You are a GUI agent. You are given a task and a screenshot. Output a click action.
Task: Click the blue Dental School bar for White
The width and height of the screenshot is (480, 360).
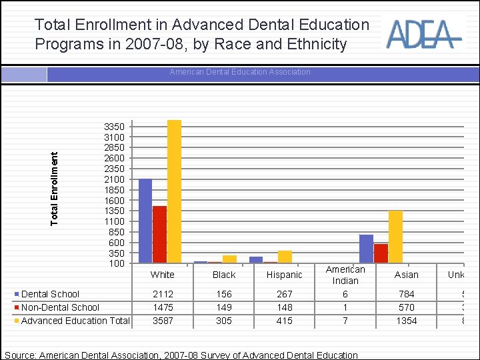[x=145, y=221]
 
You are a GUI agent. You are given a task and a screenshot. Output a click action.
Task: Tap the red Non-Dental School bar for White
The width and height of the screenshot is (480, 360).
[x=159, y=234]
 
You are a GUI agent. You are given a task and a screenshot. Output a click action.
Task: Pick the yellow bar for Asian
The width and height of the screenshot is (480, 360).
[x=395, y=237]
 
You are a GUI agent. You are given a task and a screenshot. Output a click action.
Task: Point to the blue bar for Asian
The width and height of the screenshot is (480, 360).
[x=366, y=249]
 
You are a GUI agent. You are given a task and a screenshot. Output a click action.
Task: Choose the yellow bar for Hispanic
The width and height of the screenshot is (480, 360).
[x=285, y=257]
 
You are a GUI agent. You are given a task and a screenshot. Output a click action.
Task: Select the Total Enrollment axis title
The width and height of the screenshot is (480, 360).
[x=55, y=187]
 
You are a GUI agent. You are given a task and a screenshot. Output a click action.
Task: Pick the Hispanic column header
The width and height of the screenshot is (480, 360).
[x=284, y=275]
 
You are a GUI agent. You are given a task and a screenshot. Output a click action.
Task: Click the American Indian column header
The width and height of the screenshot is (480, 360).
[x=345, y=275]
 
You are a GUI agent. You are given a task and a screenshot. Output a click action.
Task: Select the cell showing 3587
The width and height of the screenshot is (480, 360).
[x=163, y=321]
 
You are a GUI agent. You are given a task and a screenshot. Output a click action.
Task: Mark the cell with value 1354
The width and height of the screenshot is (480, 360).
[x=406, y=321]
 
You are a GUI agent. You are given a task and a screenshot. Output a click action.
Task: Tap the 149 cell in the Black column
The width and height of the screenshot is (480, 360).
[x=223, y=307]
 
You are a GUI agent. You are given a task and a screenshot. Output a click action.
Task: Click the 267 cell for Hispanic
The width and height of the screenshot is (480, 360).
[x=284, y=294]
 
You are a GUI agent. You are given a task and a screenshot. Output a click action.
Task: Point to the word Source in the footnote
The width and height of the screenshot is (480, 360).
[x=20, y=355]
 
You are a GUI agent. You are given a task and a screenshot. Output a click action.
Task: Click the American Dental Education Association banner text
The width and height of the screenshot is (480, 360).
[x=240, y=72]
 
